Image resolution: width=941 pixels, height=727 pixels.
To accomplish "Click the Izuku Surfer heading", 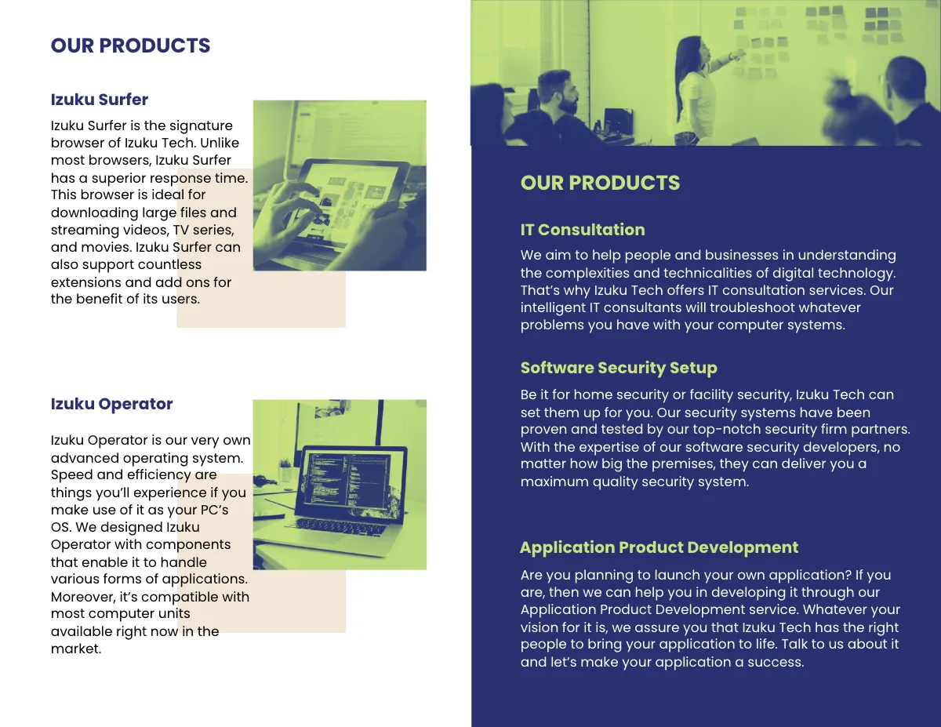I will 100,100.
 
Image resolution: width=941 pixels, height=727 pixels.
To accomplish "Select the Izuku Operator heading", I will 111,404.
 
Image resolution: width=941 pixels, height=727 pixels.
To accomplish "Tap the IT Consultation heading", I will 583,230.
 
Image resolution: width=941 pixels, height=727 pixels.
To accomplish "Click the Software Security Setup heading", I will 619,368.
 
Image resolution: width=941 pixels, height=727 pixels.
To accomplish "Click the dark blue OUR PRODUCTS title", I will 130,45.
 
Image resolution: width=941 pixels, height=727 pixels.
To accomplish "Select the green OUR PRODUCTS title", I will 600,183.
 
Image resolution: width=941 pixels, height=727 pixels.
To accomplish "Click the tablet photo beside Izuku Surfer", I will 340,186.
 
